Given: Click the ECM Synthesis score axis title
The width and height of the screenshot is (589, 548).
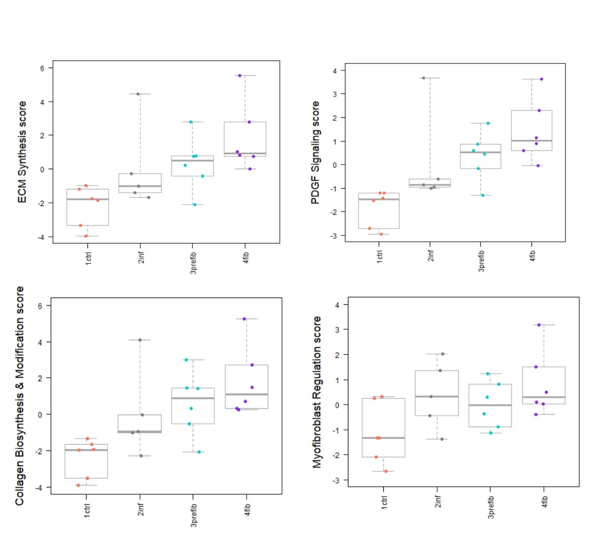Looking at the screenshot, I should pos(22,152).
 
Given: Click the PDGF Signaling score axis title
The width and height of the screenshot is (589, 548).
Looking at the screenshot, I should pos(315,153).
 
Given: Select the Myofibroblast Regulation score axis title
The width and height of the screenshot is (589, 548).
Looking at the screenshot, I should pos(317,392).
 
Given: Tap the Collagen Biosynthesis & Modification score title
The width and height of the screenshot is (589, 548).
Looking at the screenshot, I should pos(19,396).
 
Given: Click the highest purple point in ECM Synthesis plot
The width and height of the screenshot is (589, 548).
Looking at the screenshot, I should pos(240,75).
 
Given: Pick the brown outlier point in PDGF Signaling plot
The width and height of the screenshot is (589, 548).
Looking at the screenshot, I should pos(423,78).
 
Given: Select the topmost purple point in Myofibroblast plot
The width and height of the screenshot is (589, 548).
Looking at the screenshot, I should pos(539,325).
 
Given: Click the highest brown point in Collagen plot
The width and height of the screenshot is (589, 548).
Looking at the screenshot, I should pos(140,340).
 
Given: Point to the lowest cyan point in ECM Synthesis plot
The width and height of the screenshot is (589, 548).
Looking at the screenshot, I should pos(195,205).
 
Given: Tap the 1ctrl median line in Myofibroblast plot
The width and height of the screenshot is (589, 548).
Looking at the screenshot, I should pos(383,438).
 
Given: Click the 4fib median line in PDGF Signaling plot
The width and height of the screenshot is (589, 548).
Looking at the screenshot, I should pos(531,141).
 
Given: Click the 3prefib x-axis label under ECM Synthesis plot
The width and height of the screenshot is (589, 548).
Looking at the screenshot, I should pos(193,263).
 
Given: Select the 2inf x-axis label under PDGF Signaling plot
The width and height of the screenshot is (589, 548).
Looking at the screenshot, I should pos(431,256).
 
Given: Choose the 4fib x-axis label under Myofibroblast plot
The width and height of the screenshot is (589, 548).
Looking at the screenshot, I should pos(545,502).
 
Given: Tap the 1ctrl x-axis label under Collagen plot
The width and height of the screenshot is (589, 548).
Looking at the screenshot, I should pos(87,510).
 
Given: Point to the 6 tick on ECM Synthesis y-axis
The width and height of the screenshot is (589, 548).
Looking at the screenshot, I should pos(42,68).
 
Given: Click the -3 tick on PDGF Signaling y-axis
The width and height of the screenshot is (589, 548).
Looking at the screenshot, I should pos(335,235).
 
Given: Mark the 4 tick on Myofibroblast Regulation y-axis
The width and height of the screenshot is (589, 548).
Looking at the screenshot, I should pos(338,305).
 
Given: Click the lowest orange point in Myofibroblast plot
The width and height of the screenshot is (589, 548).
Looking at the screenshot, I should pos(386,471).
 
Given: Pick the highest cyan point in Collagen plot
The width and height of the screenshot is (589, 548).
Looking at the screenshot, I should pos(186,360).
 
